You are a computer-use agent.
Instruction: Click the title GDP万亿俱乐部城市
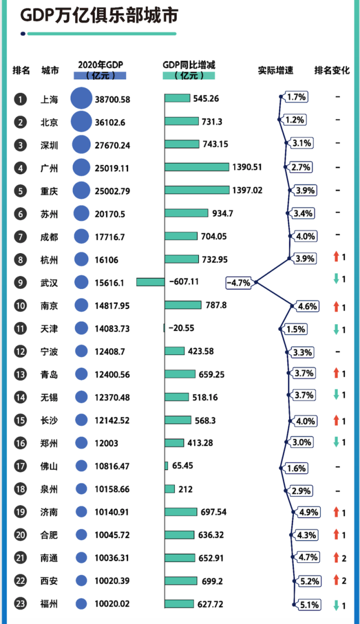pos(99,16)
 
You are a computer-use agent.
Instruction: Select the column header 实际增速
pos(276,71)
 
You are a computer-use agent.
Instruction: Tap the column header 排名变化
pos(332,71)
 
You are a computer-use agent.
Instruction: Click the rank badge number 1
pos(21,99)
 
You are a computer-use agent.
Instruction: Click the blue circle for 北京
pos(81,121)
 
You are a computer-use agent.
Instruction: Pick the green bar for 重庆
pos(197,190)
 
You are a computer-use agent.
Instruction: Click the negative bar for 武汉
pos(151,282)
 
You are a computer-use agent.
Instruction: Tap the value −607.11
pos(184,282)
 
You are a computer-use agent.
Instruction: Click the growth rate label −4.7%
pos(239,283)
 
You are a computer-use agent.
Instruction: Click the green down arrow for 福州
pos(336,605)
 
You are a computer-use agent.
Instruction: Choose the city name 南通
pos(50,558)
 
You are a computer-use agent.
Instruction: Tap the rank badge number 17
pos(21,466)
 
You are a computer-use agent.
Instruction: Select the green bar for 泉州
pos(170,489)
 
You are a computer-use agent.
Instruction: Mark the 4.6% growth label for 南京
pos(307,307)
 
